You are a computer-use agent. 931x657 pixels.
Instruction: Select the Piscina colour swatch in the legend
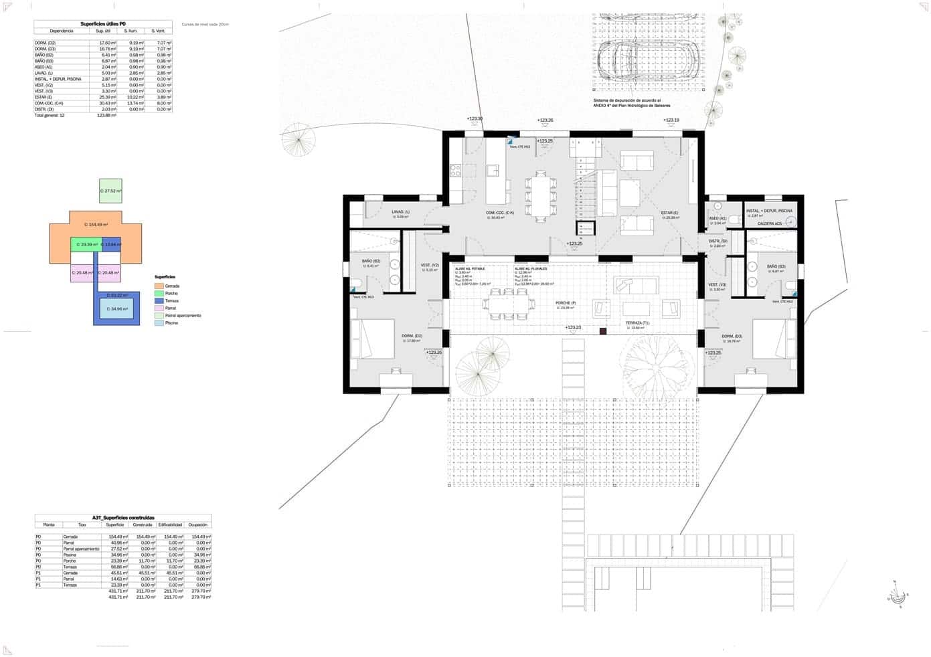pos(159,322)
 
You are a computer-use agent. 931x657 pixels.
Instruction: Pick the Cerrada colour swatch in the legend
pos(159,286)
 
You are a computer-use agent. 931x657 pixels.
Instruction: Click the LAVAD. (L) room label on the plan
pos(401,212)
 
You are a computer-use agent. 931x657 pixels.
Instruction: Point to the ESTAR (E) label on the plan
pos(670,213)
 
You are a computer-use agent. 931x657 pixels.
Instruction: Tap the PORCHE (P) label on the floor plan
pos(566,303)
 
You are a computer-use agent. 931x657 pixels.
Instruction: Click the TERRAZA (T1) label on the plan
pos(637,322)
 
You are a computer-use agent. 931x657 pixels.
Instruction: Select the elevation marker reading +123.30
pos(475,118)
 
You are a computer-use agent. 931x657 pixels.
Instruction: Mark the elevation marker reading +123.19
pos(671,120)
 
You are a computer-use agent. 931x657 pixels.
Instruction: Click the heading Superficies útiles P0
pos(103,23)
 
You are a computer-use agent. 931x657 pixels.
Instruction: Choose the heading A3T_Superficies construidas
pos(123,517)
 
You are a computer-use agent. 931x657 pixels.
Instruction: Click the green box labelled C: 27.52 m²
pos(110,191)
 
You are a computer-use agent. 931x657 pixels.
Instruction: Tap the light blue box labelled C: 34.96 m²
pos(116,308)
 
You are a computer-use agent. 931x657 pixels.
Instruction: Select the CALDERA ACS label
pos(769,223)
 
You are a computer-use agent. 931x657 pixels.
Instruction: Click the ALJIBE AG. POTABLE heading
pos(470,268)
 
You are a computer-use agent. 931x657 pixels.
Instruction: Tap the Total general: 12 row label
pos(50,115)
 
